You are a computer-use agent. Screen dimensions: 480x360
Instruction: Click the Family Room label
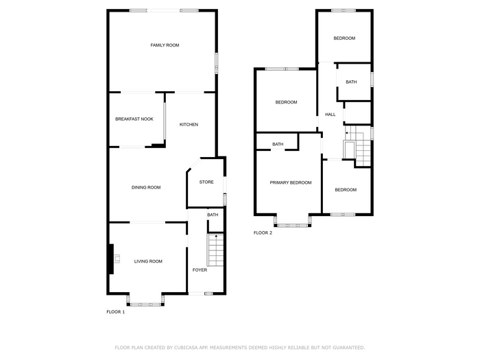pos(165,45)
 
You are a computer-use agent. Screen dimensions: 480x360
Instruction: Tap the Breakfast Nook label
pos(134,119)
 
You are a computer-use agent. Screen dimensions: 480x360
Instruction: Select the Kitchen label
pos(189,124)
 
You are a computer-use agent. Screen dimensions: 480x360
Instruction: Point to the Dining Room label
pos(146,187)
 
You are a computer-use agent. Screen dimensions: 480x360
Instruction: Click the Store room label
pos(206,182)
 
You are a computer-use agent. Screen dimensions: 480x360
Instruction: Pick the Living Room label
pos(148,261)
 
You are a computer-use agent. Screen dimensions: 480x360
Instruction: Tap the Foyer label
pos(200,269)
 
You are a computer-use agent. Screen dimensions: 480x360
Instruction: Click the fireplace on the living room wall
pos(112,259)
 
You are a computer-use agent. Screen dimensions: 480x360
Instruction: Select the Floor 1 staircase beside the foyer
pos(216,250)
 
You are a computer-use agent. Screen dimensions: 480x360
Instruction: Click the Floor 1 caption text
pos(115,311)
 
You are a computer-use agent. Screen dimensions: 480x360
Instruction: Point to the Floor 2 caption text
pos(263,232)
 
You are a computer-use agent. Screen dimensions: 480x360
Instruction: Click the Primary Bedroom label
pos(291,182)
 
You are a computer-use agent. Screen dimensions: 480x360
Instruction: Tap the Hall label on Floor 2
pos(331,115)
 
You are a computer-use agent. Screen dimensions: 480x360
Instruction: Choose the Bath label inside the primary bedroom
pos(278,144)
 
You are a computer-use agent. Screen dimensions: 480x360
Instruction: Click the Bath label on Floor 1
pos(213,215)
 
